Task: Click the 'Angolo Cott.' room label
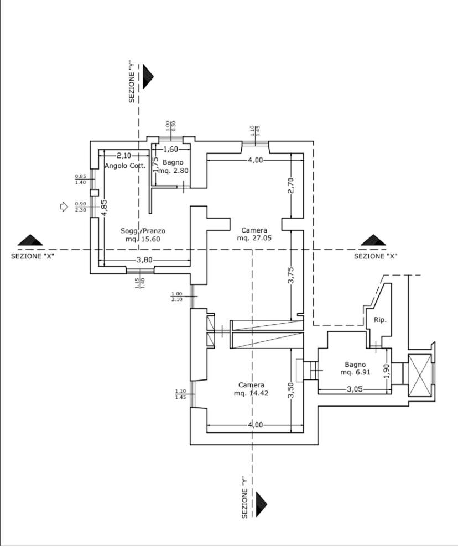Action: pyautogui.click(x=125, y=166)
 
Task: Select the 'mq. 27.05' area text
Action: pyautogui.click(x=254, y=238)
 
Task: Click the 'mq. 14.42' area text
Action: pyautogui.click(x=251, y=393)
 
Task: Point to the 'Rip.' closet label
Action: pyautogui.click(x=379, y=320)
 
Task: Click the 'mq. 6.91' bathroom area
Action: pyautogui.click(x=355, y=372)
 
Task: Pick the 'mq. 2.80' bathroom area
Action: pyautogui.click(x=174, y=171)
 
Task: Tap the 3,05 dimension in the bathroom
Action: pyautogui.click(x=354, y=389)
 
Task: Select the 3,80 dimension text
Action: pyautogui.click(x=144, y=260)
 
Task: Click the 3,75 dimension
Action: pyautogui.click(x=290, y=276)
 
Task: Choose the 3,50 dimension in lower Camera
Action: pyautogui.click(x=290, y=390)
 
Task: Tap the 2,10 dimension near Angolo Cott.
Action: pyautogui.click(x=124, y=156)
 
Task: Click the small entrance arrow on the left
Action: pyautogui.click(x=64, y=207)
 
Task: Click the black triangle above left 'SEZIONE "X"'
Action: pyautogui.click(x=30, y=240)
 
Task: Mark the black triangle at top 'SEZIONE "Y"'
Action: pyautogui.click(x=147, y=76)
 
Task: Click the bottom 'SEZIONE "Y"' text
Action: pyautogui.click(x=244, y=497)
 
